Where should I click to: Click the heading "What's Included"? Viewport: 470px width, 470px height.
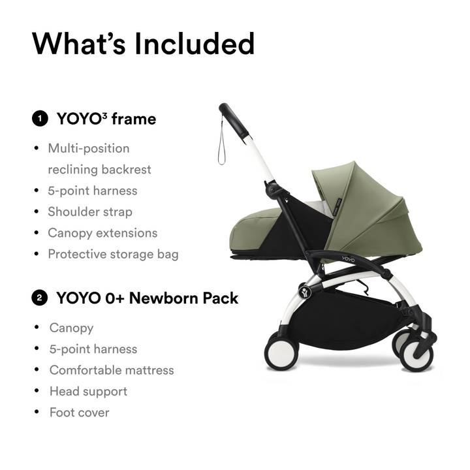(143, 44)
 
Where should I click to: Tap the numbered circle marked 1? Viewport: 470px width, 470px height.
(40, 119)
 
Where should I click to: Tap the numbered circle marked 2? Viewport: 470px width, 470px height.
(40, 298)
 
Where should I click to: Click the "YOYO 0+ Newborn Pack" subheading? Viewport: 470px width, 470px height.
(147, 298)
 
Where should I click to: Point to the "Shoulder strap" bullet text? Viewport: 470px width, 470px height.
(90, 211)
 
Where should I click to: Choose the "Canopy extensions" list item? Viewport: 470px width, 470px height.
(102, 232)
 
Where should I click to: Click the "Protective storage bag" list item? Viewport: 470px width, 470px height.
(113, 253)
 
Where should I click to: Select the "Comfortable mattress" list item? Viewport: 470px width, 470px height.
(112, 370)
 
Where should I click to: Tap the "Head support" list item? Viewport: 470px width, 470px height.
(88, 391)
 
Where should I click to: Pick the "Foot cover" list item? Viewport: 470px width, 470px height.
(80, 412)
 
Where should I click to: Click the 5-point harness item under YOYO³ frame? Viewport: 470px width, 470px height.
(93, 191)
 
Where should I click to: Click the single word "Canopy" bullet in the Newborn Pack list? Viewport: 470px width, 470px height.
(71, 328)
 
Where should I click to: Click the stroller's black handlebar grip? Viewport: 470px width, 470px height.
(233, 117)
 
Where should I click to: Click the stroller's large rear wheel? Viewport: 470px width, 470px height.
(281, 353)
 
